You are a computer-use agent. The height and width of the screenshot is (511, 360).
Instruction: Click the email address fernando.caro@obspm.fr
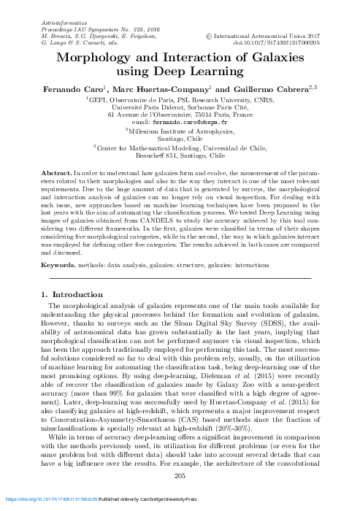tap(180, 123)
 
